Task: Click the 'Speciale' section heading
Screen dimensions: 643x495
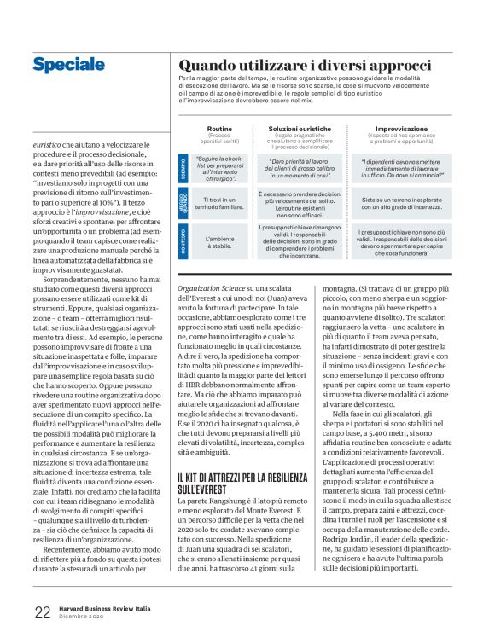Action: click(x=67, y=64)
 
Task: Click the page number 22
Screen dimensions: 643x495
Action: click(x=43, y=611)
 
